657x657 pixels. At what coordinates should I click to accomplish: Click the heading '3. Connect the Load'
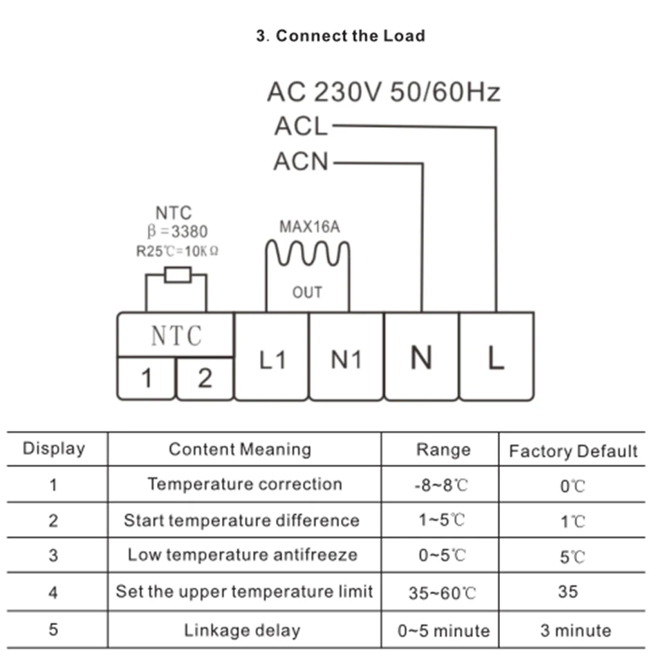pos(341,36)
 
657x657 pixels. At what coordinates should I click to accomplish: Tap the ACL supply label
pos(301,126)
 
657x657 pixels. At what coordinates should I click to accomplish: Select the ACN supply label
pos(301,161)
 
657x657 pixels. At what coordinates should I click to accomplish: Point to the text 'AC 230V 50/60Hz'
pos(384,92)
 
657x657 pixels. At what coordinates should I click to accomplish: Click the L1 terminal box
pos(272,357)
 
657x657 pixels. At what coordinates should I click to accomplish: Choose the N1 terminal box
pos(346,357)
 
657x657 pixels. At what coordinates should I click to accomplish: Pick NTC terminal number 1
pos(146,378)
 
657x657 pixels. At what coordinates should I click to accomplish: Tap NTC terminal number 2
pos(205,378)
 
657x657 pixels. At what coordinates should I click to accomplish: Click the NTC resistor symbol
pos(178,275)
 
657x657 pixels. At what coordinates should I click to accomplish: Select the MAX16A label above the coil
pos(310,227)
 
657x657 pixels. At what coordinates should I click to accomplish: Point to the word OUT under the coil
pos(307,293)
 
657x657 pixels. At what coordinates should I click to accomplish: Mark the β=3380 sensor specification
pos(177,231)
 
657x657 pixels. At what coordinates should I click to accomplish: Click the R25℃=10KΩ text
pos(177,252)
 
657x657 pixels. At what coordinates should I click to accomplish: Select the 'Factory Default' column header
pos(573,452)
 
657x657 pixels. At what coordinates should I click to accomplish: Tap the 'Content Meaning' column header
pos(240,449)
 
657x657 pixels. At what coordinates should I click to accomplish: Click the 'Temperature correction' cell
pos(245,484)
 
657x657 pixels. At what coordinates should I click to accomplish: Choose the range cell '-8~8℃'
pos(441,485)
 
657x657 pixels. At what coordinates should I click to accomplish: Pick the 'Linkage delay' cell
pos(242,630)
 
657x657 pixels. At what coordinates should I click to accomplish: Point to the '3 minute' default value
pos(575,630)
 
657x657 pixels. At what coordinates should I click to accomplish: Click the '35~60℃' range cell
pos(443,593)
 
